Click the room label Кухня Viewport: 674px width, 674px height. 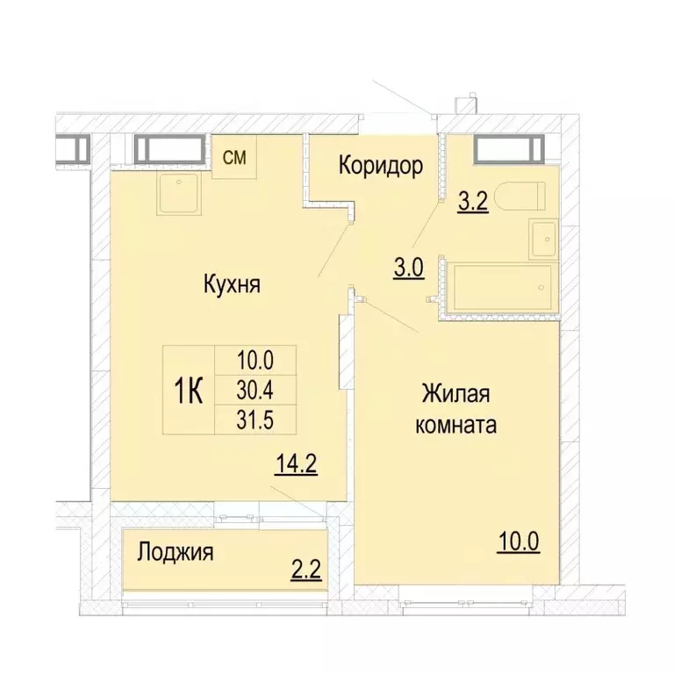coord(233,284)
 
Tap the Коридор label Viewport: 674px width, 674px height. coord(382,165)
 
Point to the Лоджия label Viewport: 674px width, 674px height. coord(176,553)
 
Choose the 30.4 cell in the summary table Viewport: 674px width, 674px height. coord(257,389)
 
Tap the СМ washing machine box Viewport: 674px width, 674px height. coord(234,158)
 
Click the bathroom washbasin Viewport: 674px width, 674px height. coord(542,238)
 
